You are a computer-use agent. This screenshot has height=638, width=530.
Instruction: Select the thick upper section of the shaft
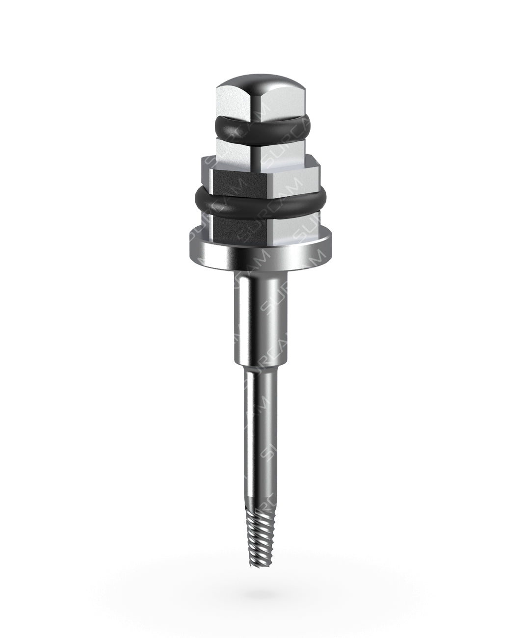click(x=260, y=319)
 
